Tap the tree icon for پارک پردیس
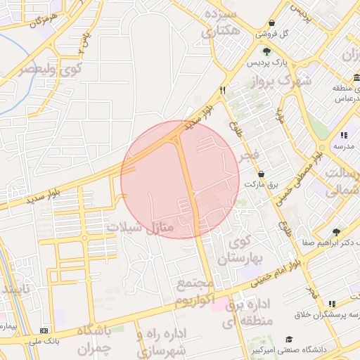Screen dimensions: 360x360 (266, 51)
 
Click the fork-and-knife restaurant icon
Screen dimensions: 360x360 (223, 89)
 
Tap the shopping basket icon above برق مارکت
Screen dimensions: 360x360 (262, 173)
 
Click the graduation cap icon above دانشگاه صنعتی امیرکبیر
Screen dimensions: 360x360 (289, 338)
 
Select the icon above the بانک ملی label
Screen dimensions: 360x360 (46, 330)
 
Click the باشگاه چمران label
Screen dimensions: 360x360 (94, 339)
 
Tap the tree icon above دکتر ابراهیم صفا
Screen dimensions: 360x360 (336, 231)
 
